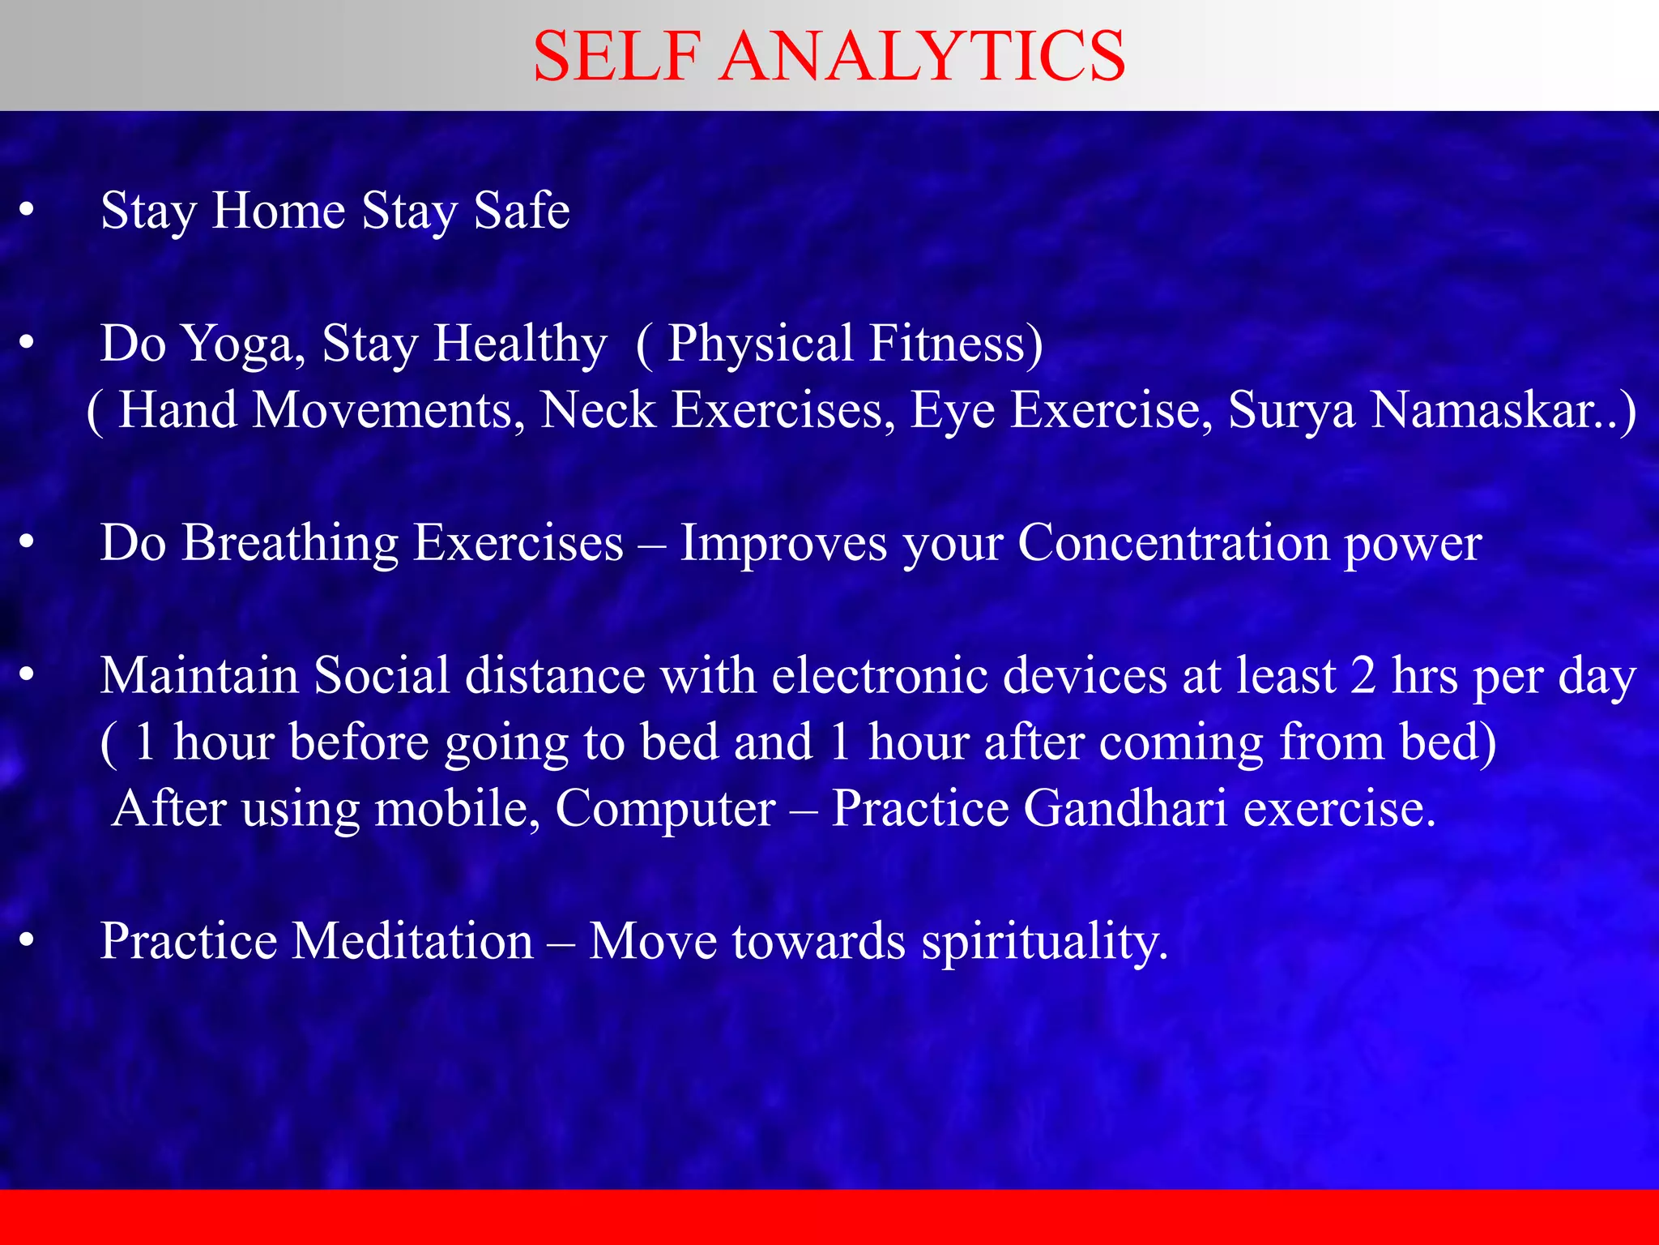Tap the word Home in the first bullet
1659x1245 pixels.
click(x=279, y=211)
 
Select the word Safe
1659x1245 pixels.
click(x=522, y=211)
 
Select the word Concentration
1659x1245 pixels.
click(x=1172, y=543)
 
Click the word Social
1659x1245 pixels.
click(x=382, y=676)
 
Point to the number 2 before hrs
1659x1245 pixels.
click(x=1363, y=676)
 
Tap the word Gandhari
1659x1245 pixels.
click(x=1125, y=809)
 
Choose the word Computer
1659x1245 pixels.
click(x=665, y=809)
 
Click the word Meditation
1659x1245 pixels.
click(x=412, y=942)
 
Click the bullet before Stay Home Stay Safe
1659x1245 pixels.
click(x=27, y=211)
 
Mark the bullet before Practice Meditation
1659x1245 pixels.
click(x=27, y=942)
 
